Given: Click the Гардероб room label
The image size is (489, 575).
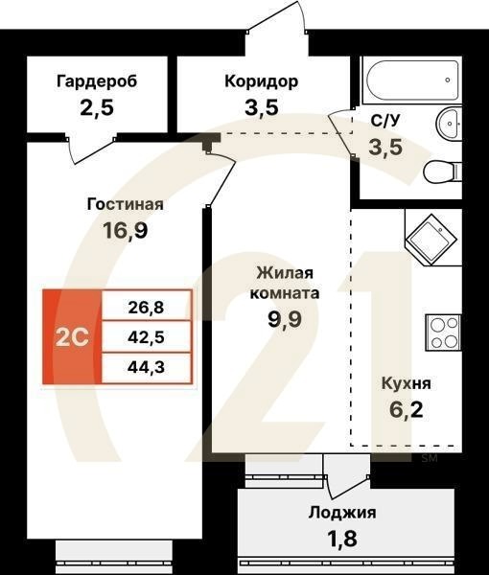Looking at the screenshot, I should coord(96,80).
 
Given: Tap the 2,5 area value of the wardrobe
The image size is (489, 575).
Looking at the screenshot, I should coord(96,106).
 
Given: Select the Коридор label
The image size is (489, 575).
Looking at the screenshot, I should coord(261,80).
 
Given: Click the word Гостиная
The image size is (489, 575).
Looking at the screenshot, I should coord(125,204).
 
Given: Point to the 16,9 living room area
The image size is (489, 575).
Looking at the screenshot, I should coord(125,230).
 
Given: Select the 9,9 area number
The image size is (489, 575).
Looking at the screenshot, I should coord(286,320).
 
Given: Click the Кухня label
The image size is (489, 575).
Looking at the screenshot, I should coord(405,383).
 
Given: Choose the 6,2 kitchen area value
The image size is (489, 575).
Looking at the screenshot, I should coord(404,410).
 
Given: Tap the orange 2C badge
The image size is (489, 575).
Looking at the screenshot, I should coord(71,338).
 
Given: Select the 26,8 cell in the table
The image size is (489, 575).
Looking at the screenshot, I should coord(146,309).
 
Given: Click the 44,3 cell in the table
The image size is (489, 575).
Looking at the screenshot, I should coord(146,365).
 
